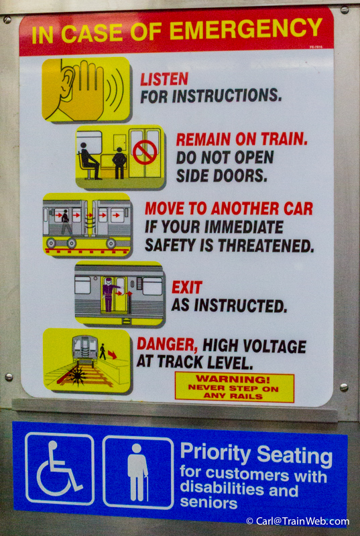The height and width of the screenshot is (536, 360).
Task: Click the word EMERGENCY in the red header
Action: [x=246, y=28]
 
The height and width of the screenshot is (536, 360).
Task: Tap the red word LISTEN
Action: [x=164, y=79]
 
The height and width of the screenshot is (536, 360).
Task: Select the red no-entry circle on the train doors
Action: [x=145, y=153]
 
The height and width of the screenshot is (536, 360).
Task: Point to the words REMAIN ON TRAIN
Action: [x=242, y=139]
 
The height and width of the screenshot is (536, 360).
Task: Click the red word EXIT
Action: [x=186, y=287]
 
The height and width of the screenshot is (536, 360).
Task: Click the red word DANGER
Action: [x=167, y=344]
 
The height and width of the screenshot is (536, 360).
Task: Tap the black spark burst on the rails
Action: [x=78, y=376]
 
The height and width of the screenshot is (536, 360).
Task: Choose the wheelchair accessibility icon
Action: [x=60, y=468]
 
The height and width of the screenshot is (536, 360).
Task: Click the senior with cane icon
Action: [x=138, y=472]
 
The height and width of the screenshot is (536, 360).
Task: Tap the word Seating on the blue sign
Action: [x=295, y=455]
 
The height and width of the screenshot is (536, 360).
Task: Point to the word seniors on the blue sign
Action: [x=208, y=503]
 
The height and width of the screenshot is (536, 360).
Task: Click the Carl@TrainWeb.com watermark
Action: [x=298, y=521]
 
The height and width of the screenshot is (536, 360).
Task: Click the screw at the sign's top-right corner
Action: [x=345, y=9]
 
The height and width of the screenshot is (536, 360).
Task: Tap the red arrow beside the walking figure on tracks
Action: [x=112, y=355]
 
